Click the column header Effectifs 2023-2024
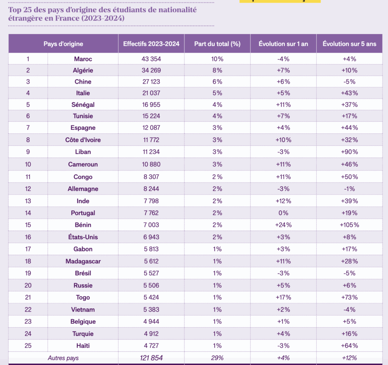click(151, 44)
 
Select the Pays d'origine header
click(63, 44)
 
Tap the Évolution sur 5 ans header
click(349, 44)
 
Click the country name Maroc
click(83, 59)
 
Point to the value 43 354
click(151, 59)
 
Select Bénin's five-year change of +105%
click(349, 225)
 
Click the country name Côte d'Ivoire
click(83, 140)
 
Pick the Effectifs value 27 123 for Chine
click(151, 82)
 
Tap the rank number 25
click(28, 346)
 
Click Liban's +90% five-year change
click(349, 152)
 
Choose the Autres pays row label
click(63, 358)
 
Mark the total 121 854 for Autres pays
click(151, 358)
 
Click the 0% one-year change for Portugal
click(283, 213)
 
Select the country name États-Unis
click(83, 237)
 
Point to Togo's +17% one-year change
click(283, 297)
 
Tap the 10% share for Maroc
click(217, 59)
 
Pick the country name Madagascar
click(83, 261)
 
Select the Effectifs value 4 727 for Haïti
click(151, 346)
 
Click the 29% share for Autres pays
click(217, 358)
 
